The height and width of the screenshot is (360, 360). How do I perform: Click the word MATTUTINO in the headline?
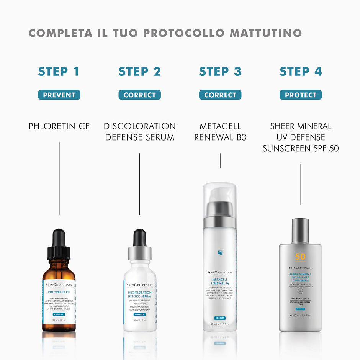(x=266, y=33)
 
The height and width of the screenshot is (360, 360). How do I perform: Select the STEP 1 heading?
(x=59, y=72)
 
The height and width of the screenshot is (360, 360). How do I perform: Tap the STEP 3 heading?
(x=220, y=72)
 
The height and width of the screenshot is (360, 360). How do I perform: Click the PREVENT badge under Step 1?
(x=59, y=95)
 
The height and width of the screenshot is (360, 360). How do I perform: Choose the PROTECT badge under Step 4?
(x=301, y=95)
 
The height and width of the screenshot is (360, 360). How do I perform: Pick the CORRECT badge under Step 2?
(x=139, y=95)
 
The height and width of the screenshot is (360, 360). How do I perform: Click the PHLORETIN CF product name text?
(x=59, y=126)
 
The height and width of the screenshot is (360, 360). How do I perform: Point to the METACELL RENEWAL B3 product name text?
(x=220, y=131)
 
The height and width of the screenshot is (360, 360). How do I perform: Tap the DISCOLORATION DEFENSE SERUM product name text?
(x=139, y=131)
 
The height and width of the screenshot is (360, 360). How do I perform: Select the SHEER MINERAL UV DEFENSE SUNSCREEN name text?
(x=301, y=137)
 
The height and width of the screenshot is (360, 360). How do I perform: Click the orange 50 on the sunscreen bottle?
(x=300, y=257)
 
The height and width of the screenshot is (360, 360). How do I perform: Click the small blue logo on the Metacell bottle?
(x=220, y=253)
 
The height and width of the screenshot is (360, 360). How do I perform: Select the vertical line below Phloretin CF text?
(x=59, y=178)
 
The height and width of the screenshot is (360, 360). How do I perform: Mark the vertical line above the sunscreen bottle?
(x=301, y=184)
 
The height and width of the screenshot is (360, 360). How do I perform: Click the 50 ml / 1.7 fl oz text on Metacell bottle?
(x=220, y=324)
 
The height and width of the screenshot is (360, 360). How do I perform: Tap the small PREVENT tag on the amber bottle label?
(x=59, y=314)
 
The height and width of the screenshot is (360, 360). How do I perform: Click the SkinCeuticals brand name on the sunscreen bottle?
(x=300, y=268)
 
